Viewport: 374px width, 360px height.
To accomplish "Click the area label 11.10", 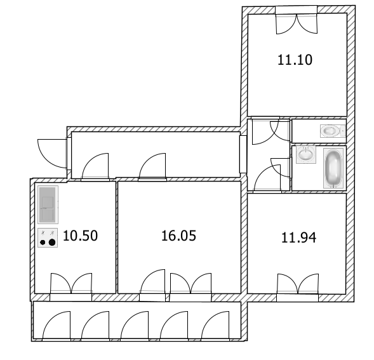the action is (x=295, y=60).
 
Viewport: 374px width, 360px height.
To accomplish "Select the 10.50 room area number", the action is (x=81, y=236).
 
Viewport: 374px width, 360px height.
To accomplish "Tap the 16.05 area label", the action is (x=178, y=236).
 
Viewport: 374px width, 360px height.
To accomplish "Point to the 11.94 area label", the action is (x=298, y=237).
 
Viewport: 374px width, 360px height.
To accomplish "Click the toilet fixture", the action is (x=333, y=131).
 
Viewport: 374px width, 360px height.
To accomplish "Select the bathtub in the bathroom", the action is (x=333, y=168).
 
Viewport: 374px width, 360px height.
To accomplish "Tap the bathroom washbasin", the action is (x=306, y=154).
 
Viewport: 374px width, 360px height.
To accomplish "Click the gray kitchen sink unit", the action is (x=48, y=204).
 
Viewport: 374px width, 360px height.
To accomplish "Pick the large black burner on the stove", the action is (x=52, y=243).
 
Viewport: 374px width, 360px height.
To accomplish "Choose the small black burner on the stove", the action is (x=43, y=243).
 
